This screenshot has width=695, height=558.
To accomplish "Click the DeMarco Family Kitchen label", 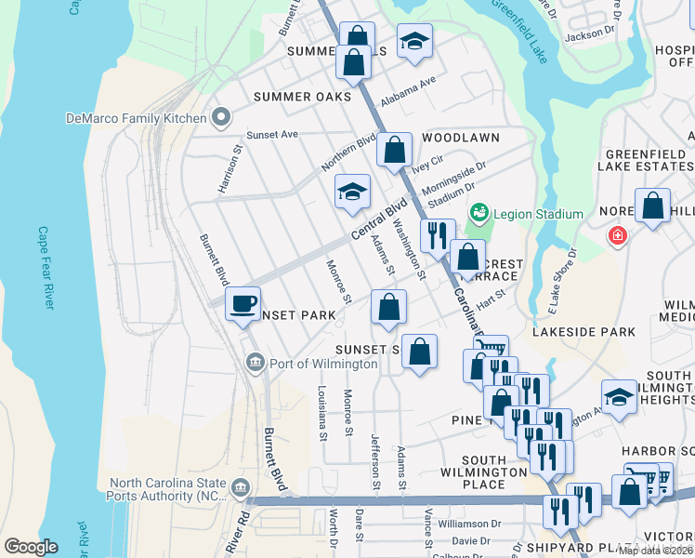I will pyautogui.click(x=135, y=118).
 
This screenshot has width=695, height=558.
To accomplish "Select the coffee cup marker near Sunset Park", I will pyautogui.click(x=243, y=303).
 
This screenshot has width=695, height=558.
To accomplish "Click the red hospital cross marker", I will pyautogui.click(x=616, y=237).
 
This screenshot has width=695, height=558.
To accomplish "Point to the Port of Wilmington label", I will pyautogui.click(x=323, y=364).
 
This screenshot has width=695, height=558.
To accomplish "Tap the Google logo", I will pyautogui.click(x=31, y=547).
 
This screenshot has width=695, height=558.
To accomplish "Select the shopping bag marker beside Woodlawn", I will pyautogui.click(x=394, y=149).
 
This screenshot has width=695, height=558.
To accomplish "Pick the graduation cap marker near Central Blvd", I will pyautogui.click(x=352, y=193).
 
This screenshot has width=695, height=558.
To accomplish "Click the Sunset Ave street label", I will pyautogui.click(x=271, y=134).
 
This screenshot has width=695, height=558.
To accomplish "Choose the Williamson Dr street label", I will pyautogui.click(x=470, y=525).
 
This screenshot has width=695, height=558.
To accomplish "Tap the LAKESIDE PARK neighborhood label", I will pyautogui.click(x=584, y=331).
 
